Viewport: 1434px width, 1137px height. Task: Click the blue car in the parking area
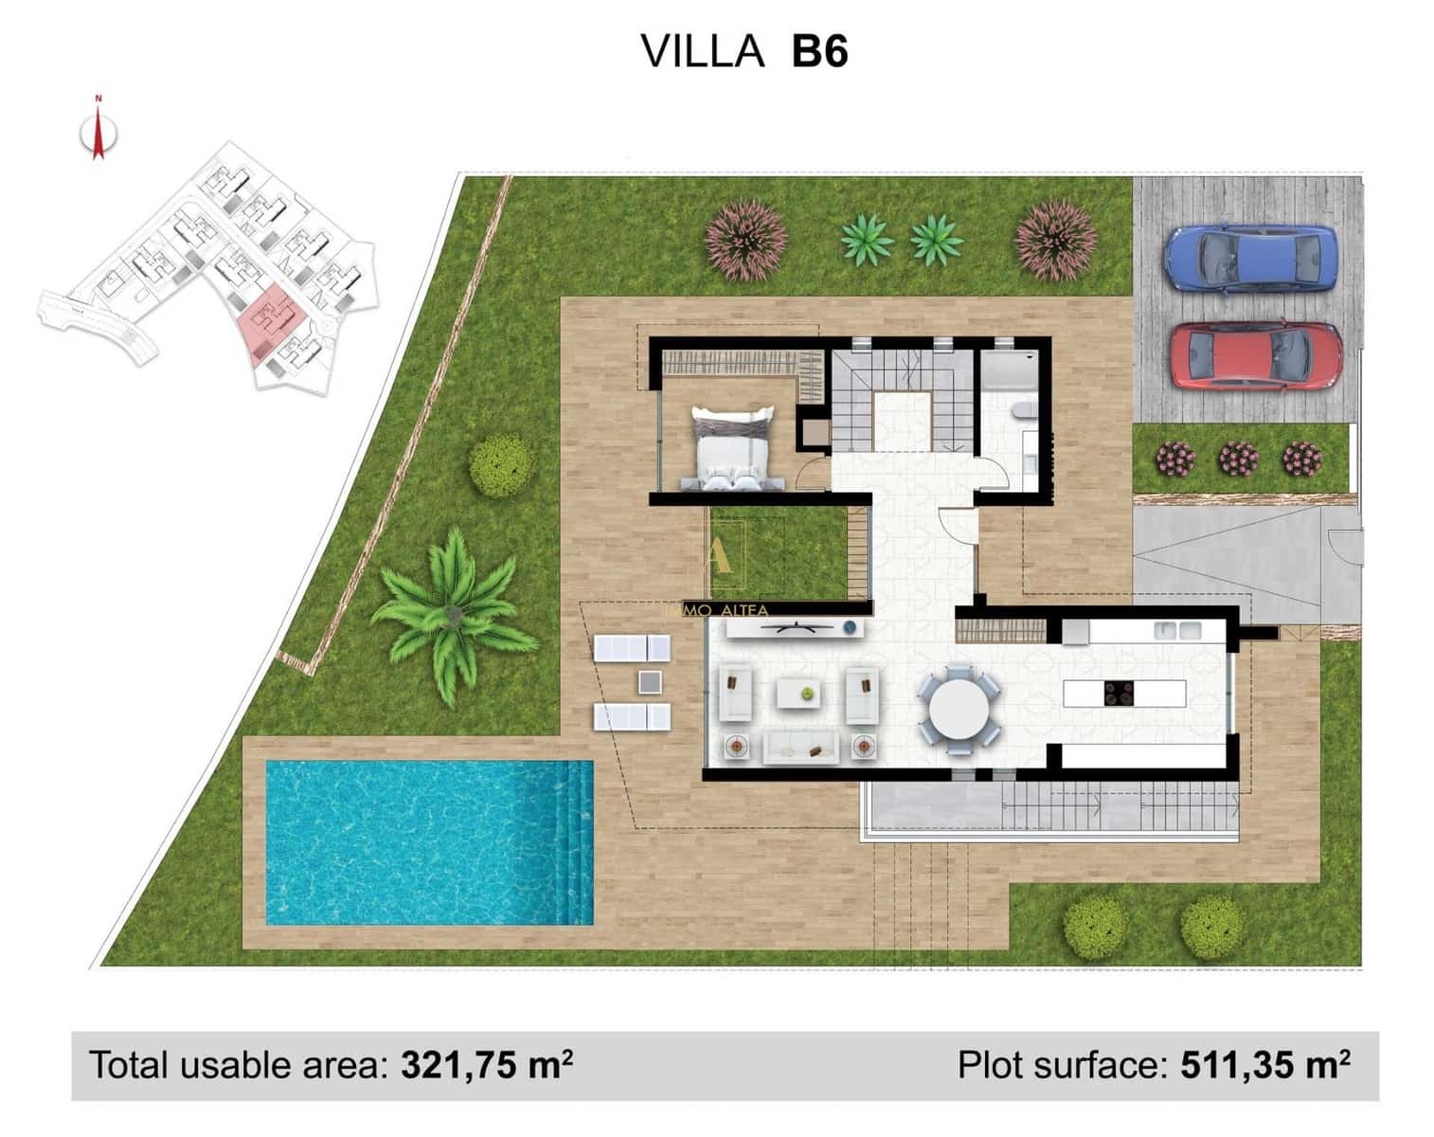(1250, 259)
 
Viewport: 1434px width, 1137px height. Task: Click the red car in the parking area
(1254, 356)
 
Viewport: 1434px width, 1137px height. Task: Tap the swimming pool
(429, 842)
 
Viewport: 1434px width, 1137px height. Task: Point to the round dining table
(959, 710)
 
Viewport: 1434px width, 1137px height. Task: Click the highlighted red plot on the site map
(269, 320)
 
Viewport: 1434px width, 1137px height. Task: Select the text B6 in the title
(819, 51)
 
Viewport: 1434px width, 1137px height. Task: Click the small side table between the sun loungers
(650, 682)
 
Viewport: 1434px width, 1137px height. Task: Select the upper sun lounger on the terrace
(632, 648)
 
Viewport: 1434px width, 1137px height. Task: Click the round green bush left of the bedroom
(501, 464)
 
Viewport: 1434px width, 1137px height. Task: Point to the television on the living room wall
(794, 626)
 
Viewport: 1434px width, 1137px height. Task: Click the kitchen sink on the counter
(1176, 630)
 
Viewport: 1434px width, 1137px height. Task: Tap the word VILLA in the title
(702, 51)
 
